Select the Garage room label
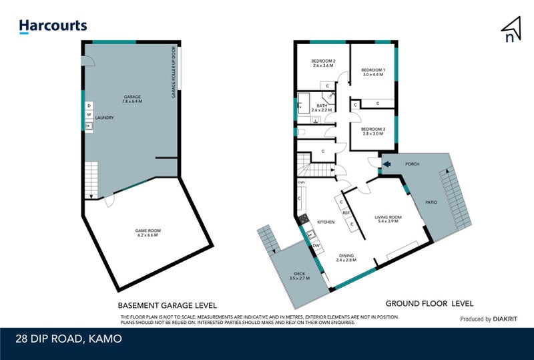[x=132, y=99]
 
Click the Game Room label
[x=149, y=233]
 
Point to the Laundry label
[x=105, y=118]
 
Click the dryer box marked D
[x=88, y=106]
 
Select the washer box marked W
[x=88, y=114]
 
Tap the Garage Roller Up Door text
[x=174, y=72]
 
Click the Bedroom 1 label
[x=373, y=72]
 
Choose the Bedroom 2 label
[x=323, y=63]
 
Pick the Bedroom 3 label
[x=373, y=131]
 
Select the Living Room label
[x=388, y=219]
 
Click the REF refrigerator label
[x=346, y=213]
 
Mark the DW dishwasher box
[x=316, y=246]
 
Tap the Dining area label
[x=346, y=257]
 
